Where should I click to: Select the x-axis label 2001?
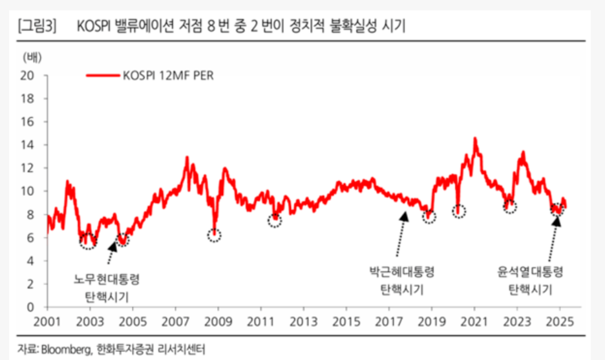click(x=47, y=322)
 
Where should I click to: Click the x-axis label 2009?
click(x=218, y=322)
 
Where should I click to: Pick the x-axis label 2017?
click(x=389, y=322)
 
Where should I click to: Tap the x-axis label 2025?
click(x=560, y=322)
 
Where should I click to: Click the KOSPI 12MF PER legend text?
click(x=168, y=75)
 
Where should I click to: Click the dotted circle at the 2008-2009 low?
click(x=214, y=235)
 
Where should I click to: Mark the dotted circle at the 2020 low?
click(x=459, y=211)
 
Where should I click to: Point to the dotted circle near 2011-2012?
click(x=275, y=220)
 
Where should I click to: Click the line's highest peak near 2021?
click(x=475, y=138)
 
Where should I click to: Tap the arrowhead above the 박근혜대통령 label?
click(x=405, y=215)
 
